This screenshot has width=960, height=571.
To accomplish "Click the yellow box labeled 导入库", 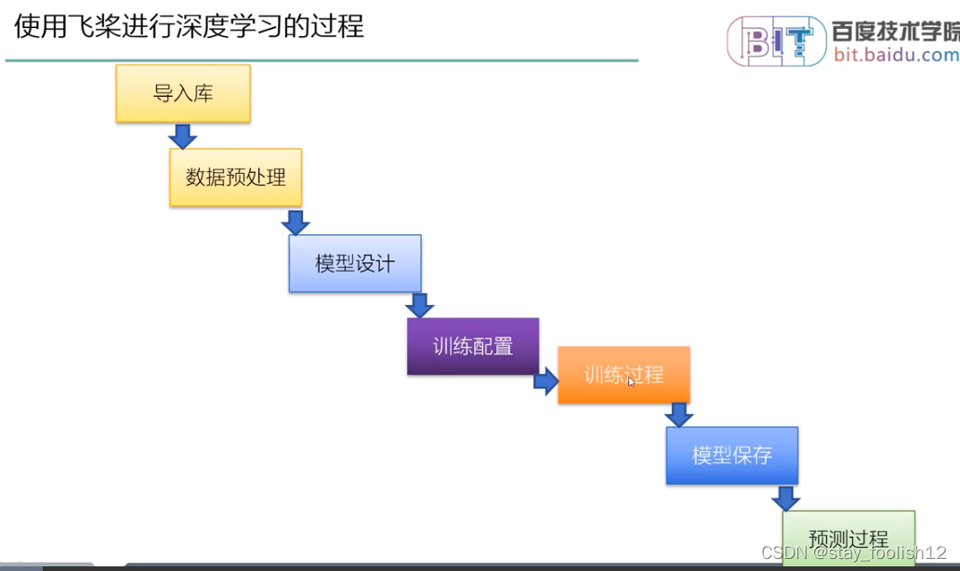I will click(x=183, y=93).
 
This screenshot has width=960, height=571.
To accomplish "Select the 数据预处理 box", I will click(x=235, y=177).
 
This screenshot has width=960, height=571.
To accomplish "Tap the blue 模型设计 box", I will click(x=354, y=263).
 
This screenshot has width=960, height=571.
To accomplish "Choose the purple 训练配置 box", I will click(x=472, y=346).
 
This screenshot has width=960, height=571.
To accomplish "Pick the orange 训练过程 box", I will click(x=624, y=375).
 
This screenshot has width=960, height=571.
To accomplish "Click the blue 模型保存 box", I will click(x=731, y=456).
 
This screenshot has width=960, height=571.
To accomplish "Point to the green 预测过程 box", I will click(x=848, y=538).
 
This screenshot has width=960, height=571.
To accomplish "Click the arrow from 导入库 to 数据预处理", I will click(x=183, y=136).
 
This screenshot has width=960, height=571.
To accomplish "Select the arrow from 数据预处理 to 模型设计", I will click(x=296, y=222).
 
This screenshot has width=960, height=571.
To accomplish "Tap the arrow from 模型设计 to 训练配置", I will click(x=420, y=305).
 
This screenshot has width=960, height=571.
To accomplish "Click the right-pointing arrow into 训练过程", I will click(x=546, y=381).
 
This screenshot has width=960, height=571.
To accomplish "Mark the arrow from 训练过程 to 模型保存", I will click(x=679, y=415).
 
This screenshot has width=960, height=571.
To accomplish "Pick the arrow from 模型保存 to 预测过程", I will click(x=786, y=498).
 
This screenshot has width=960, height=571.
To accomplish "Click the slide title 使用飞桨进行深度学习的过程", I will click(x=189, y=26).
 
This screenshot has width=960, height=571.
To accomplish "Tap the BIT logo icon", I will click(x=775, y=40).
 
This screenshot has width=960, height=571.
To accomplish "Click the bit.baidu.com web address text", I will click(x=896, y=55).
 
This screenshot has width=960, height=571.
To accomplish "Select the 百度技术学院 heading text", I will click(x=896, y=31).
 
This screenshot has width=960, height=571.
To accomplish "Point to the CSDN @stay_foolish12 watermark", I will click(x=853, y=552).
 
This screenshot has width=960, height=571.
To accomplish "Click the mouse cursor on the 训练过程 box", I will click(x=631, y=380).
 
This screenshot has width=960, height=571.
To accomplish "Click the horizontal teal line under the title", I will click(x=322, y=60).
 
